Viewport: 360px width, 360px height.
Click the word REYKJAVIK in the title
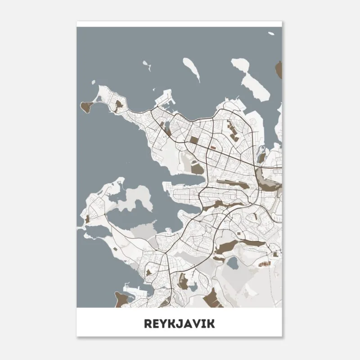180,323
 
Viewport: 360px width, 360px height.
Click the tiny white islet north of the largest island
271,33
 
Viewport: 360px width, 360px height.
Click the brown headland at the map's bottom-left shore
120,299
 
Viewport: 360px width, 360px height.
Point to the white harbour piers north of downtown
164,102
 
